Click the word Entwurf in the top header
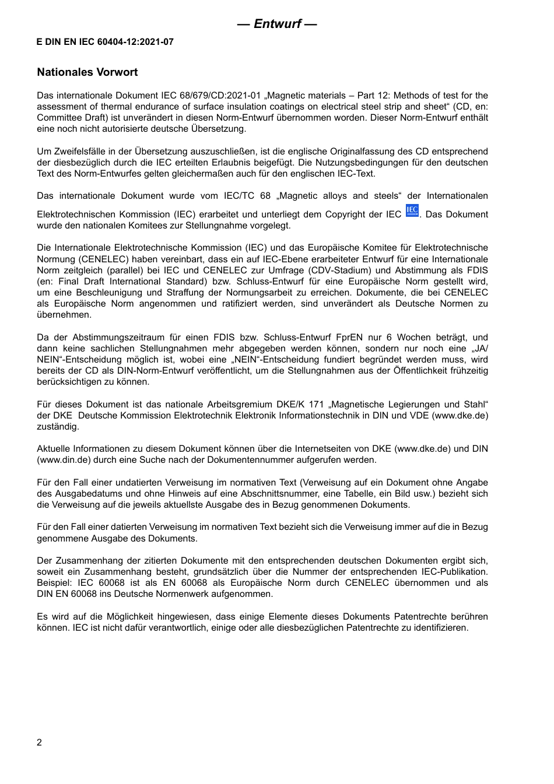coord(277,24)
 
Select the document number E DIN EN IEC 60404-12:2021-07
coord(105,42)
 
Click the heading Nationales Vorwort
coord(87,72)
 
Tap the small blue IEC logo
coord(412,211)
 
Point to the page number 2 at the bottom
coord(39,742)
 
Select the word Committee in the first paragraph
coord(57,118)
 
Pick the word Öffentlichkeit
coord(415,371)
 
